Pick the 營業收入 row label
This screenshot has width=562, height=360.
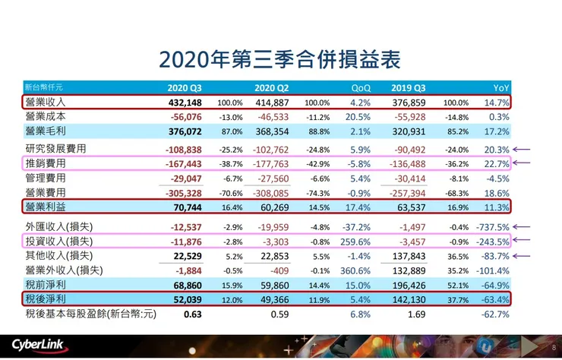tap(46, 102)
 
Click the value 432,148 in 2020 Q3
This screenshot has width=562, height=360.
tap(184, 102)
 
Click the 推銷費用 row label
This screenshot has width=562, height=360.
tap(46, 163)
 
